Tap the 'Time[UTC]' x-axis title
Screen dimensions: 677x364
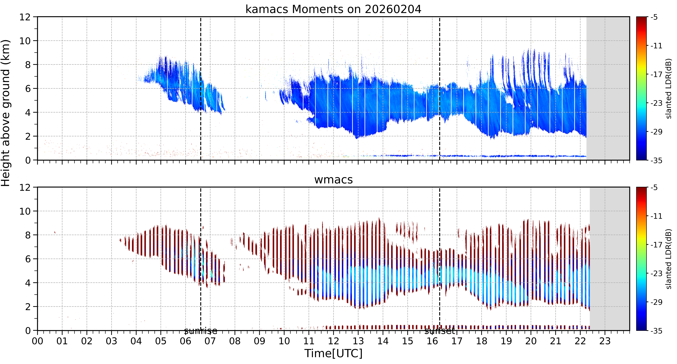click(333, 353)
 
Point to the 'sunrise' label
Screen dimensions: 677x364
click(201, 331)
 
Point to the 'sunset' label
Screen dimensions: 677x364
click(439, 331)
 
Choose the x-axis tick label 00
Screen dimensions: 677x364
click(38, 341)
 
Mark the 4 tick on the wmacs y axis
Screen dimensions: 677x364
click(28, 283)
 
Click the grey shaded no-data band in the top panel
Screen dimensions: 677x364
click(608, 88)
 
